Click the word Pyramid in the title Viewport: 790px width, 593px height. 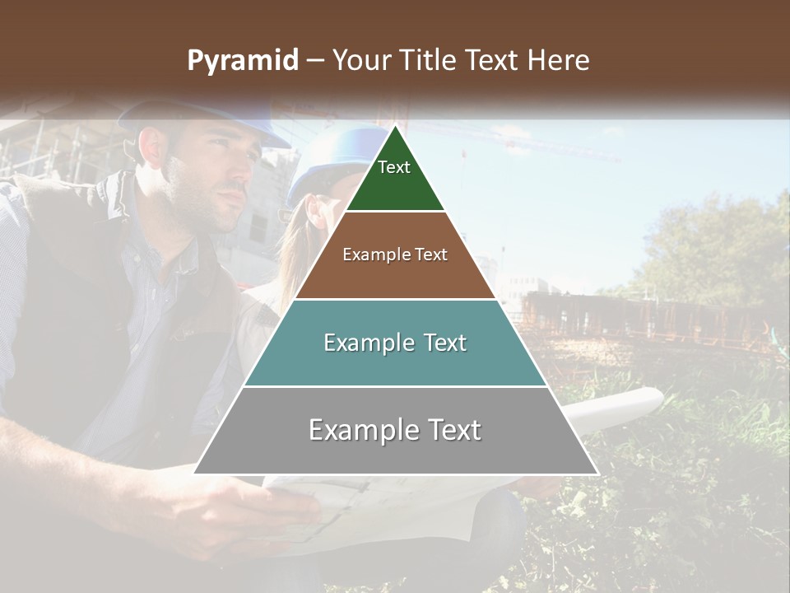(242, 61)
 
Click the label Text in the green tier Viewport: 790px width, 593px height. (394, 167)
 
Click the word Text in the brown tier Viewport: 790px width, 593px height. (431, 254)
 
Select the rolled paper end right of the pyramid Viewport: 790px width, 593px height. (634, 405)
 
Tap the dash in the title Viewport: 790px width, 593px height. (315, 61)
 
